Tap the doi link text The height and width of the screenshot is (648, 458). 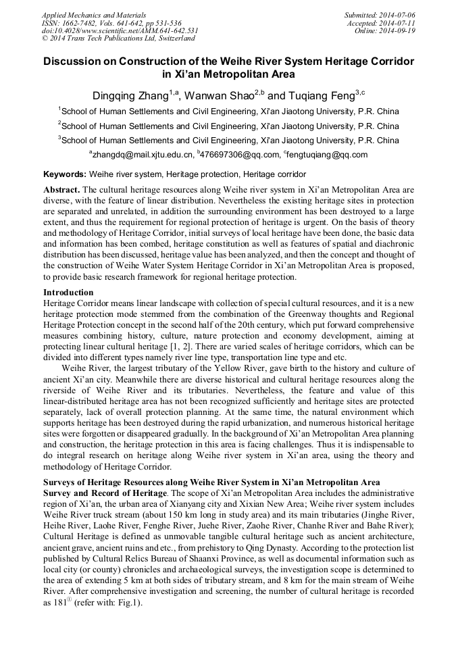pos(120,30)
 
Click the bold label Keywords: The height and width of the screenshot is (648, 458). pos(64,174)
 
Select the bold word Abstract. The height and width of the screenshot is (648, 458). pos(61,191)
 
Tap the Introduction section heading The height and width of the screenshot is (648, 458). pos(68,293)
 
